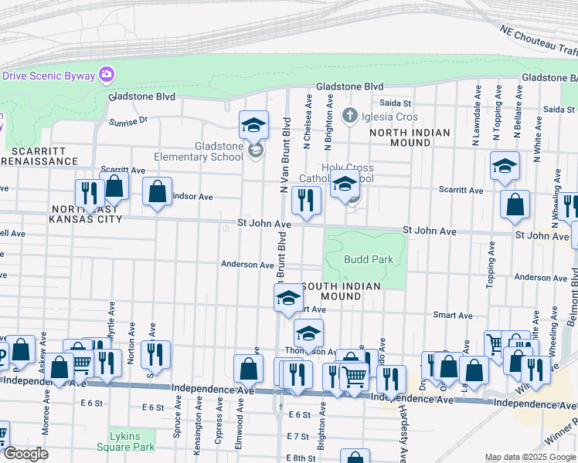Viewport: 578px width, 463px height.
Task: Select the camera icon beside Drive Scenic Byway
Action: [107, 75]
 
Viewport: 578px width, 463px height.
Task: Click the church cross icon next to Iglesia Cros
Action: [349, 117]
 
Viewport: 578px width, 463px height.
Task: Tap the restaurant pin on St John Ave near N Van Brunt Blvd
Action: [306, 201]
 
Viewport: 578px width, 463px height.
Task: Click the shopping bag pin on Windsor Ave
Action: [158, 192]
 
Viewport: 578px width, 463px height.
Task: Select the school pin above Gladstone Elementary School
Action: [253, 125]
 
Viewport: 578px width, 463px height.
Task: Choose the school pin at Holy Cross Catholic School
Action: [345, 184]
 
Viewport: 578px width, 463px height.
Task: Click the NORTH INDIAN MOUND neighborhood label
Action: [410, 137]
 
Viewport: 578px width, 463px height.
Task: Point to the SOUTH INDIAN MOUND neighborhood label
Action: [341, 291]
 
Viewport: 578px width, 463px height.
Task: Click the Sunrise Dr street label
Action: [127, 121]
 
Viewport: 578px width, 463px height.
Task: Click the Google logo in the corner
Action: [25, 454]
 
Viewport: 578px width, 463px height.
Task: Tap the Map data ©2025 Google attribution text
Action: [530, 457]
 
